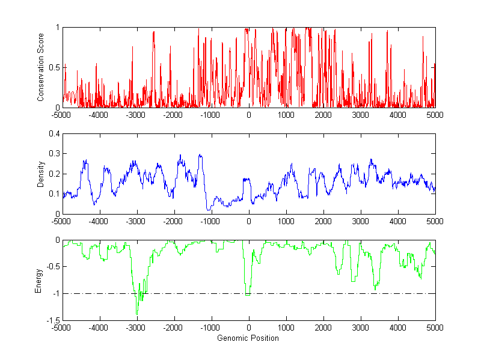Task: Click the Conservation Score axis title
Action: (41, 67)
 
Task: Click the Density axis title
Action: (41, 174)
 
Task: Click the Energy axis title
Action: (39, 280)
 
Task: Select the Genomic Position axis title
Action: (248, 338)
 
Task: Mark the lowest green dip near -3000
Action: (136, 314)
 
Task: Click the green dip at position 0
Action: (248, 294)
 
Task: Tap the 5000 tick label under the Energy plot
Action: (435, 328)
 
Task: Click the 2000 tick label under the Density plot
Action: (323, 221)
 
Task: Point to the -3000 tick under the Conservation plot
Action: (136, 115)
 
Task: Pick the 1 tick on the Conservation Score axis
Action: (57, 28)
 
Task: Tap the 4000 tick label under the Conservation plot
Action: (398, 115)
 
